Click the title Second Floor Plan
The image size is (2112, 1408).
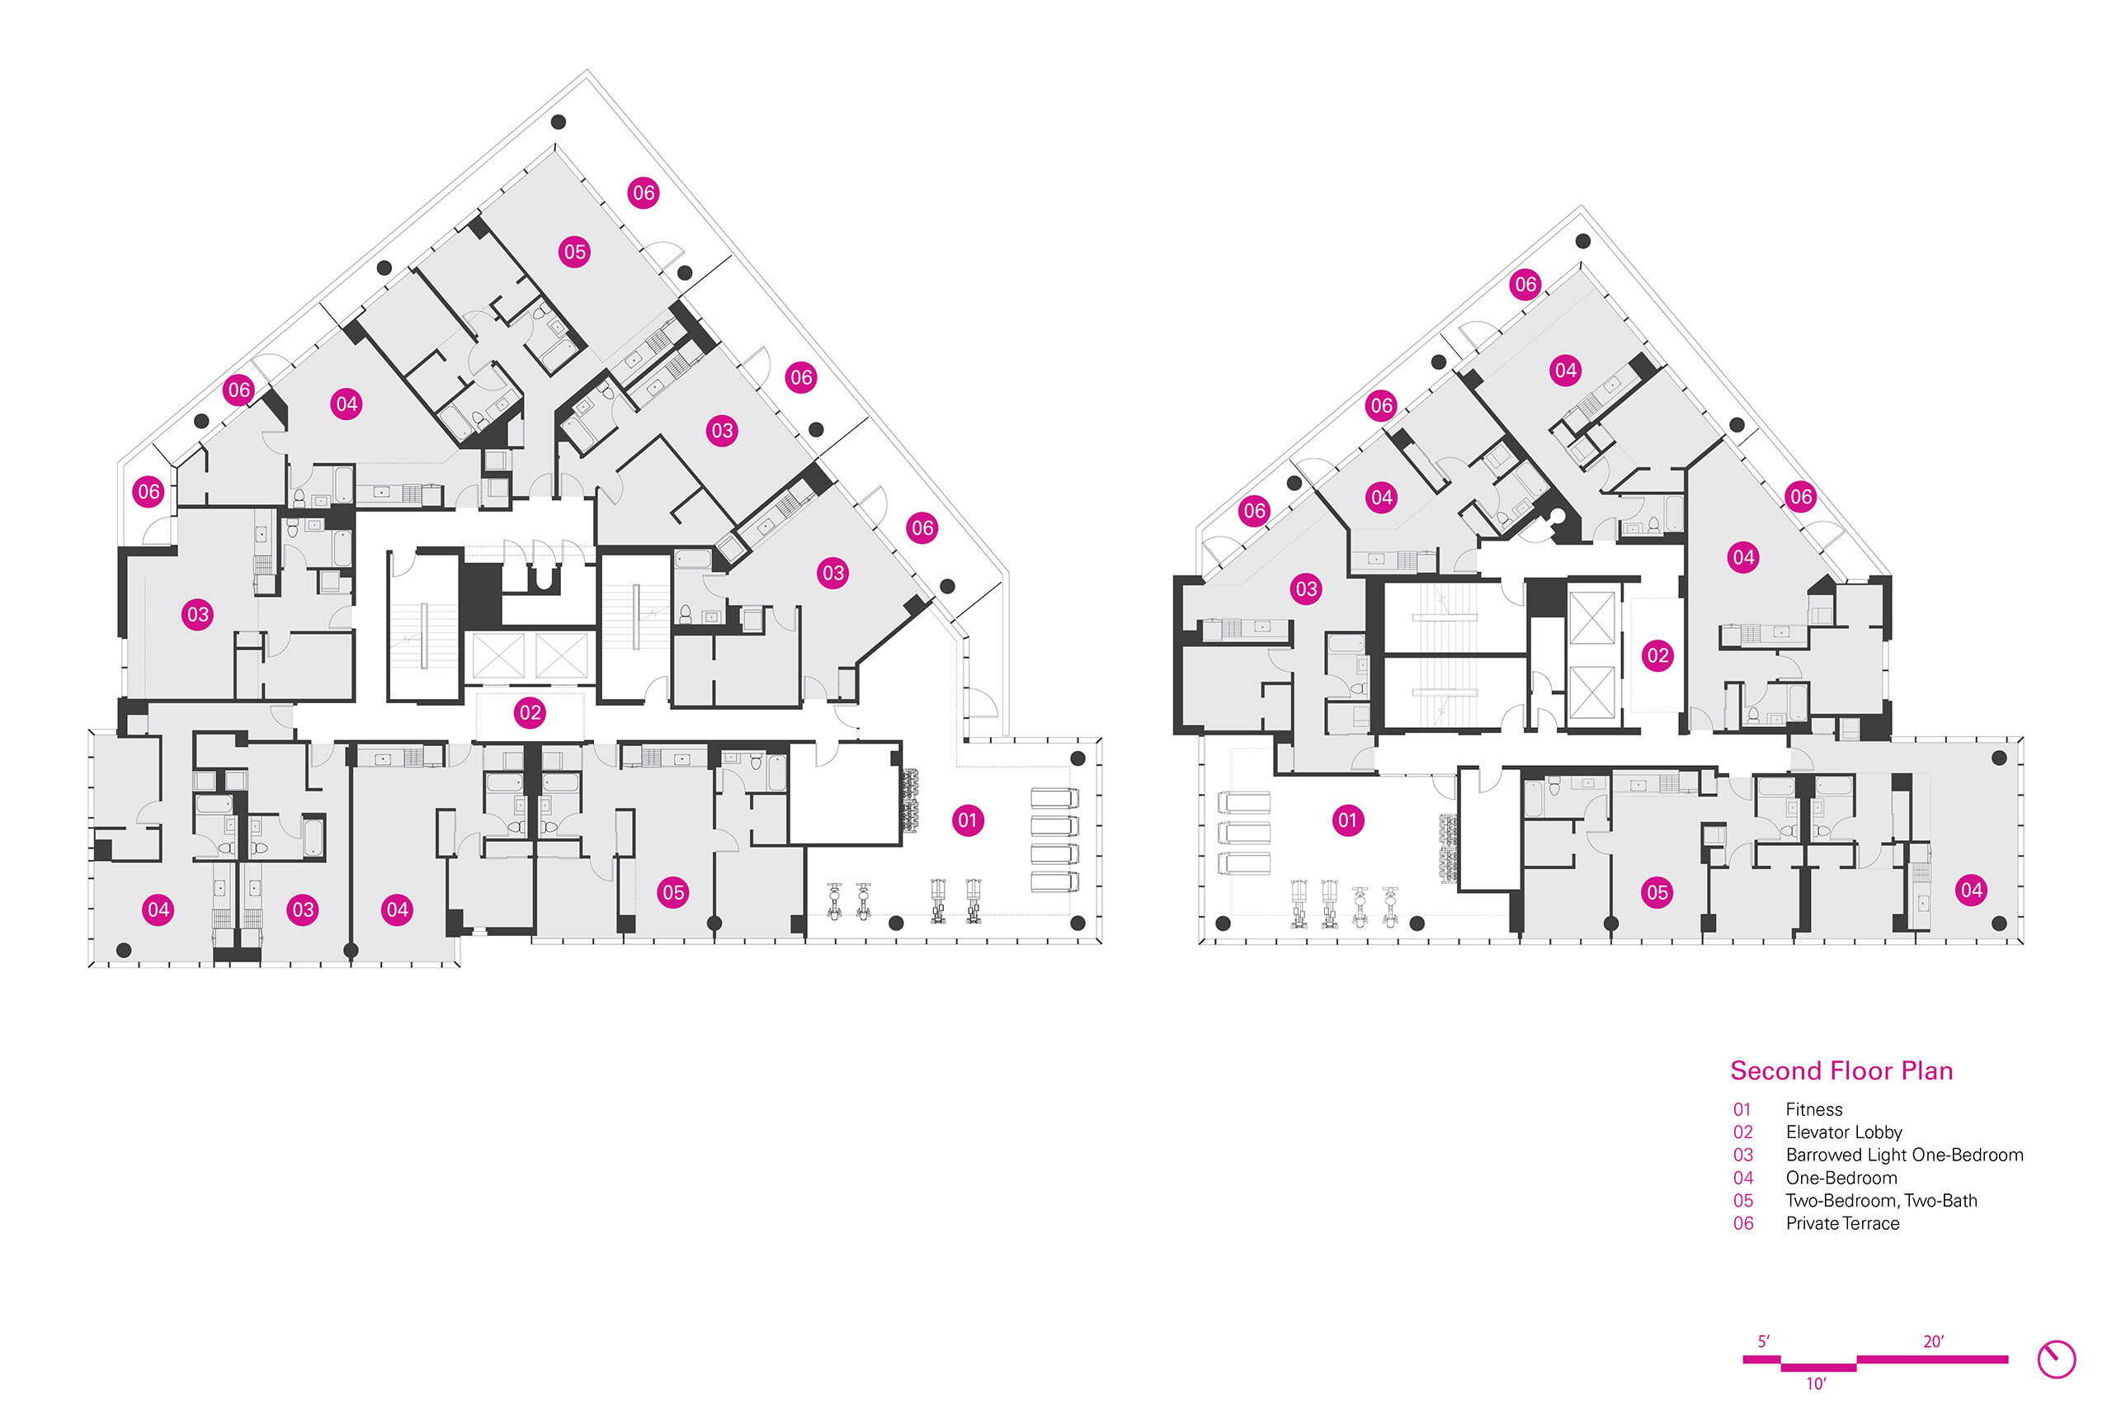1841,1070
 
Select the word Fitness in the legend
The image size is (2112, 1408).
1813,1109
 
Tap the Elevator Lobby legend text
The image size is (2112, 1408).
1844,1132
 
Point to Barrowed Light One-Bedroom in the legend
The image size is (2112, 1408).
1904,1155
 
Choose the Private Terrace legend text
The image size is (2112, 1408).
1842,1223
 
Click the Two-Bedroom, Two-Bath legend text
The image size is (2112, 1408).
1881,1201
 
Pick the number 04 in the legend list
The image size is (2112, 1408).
1743,1178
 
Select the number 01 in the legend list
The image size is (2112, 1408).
1742,1110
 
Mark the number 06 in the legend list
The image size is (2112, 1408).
1743,1223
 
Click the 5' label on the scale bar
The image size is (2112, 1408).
1763,1341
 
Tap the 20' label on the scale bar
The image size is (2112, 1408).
1933,1341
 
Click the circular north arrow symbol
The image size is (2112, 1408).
2057,1359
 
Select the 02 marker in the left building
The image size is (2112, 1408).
530,713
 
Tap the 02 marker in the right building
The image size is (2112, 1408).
1657,655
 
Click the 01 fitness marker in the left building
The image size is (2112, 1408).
967,820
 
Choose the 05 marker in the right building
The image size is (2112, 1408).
1657,892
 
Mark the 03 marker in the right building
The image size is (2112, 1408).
1306,589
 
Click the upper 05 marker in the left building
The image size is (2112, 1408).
574,252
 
